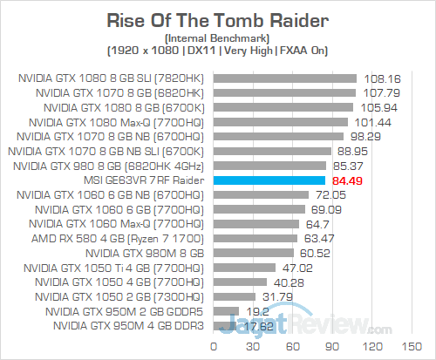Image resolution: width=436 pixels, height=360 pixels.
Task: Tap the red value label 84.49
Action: pos(346,180)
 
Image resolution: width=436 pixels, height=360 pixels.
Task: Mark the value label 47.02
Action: pos(294,268)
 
